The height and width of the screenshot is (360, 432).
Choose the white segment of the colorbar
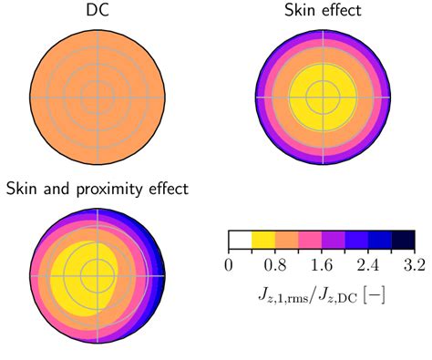click(x=240, y=240)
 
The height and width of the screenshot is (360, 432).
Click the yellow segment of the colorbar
click(x=262, y=240)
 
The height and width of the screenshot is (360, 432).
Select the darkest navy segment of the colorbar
click(x=404, y=240)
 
